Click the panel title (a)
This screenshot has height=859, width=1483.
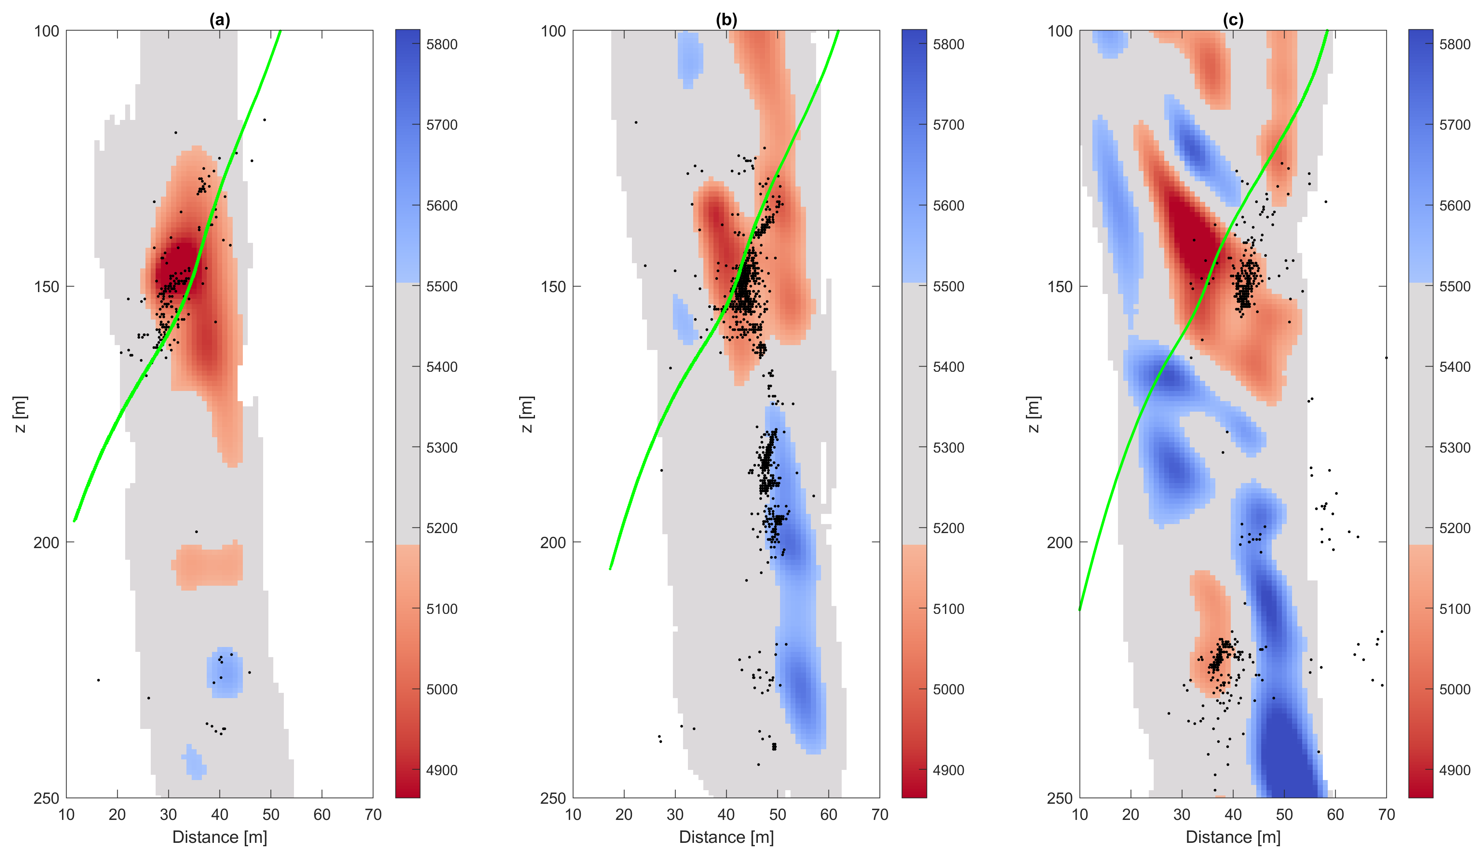220,20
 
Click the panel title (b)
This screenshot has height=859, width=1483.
726,20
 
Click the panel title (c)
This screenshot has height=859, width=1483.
1233,20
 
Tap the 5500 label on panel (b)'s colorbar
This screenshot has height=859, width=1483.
948,286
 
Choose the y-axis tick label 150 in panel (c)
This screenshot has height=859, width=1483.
1059,286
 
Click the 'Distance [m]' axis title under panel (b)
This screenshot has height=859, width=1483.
726,837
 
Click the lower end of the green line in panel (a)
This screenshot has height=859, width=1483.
75,520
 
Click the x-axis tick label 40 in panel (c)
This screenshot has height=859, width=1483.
1233,815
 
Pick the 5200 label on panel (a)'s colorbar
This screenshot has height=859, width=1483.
441,528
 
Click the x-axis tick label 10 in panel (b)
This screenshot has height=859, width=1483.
573,815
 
